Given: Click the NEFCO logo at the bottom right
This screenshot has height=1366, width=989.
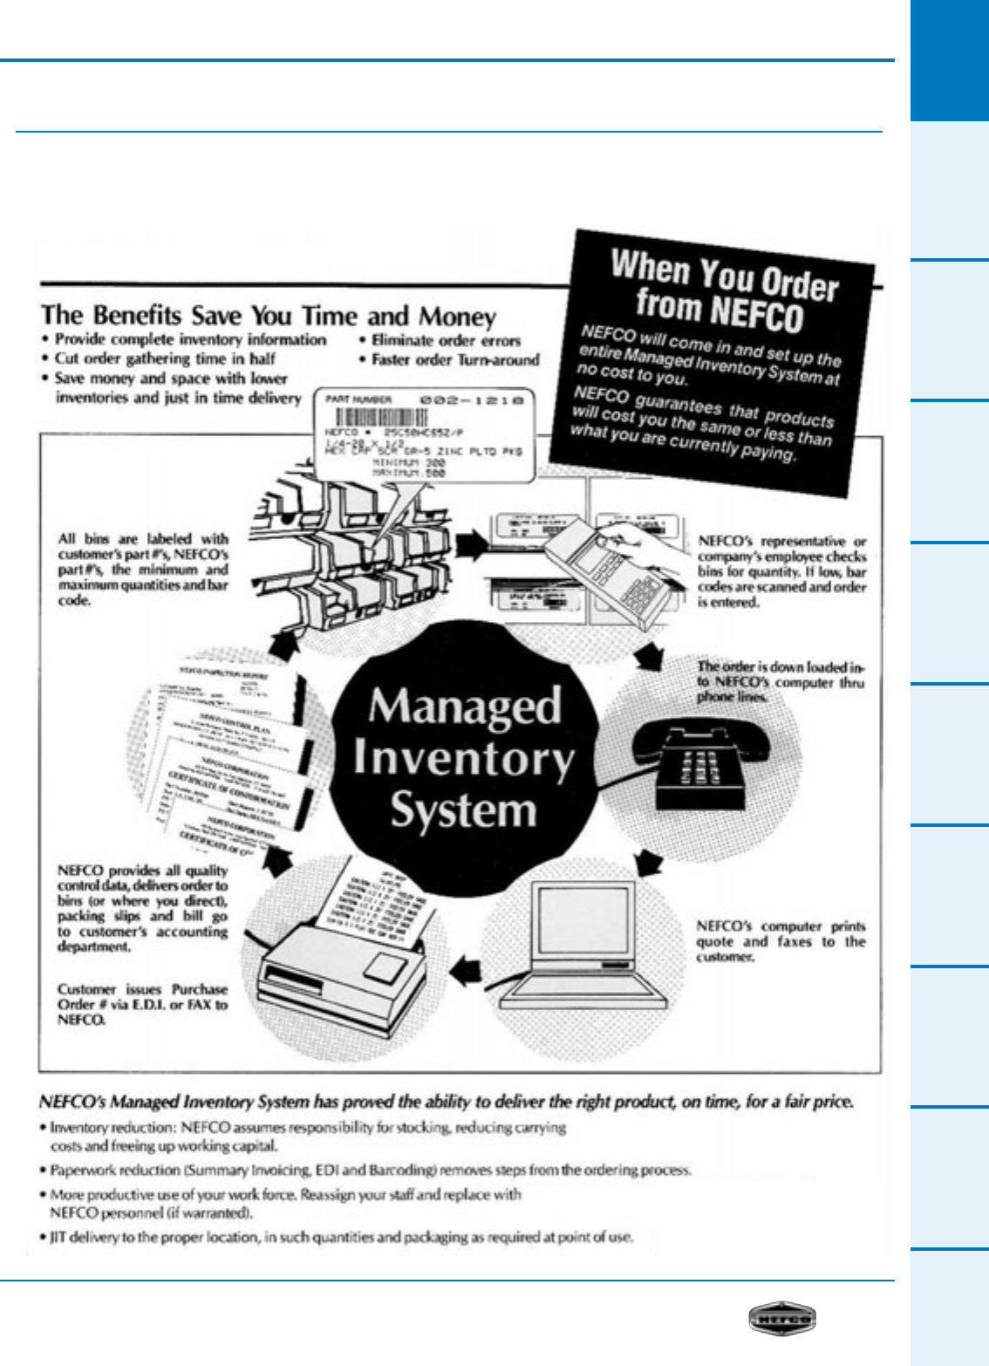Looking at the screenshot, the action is (x=781, y=1319).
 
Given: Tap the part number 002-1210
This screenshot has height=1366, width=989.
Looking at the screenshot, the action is (x=472, y=400).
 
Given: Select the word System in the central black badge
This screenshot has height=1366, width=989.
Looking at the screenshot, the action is (x=463, y=809).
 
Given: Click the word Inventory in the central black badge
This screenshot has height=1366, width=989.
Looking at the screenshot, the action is (x=463, y=757).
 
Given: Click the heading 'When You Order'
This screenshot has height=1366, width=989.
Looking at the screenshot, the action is (x=724, y=275).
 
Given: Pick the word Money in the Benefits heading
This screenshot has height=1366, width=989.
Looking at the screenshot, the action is (x=457, y=316).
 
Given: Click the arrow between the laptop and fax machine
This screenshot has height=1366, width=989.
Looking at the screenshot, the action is (x=467, y=967).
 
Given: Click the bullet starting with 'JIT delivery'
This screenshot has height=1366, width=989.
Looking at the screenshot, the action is (x=340, y=1237).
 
